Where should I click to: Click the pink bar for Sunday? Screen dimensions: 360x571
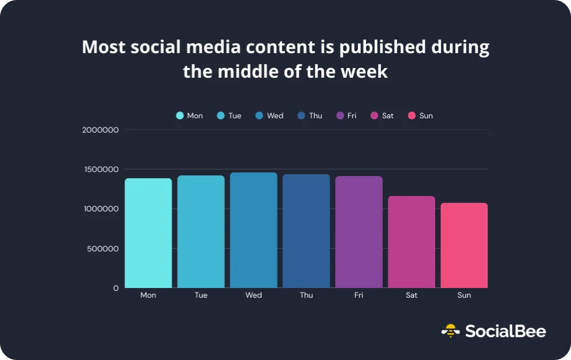(x=464, y=245)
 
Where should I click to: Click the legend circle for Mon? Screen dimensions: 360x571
(x=180, y=115)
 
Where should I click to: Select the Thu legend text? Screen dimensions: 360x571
(x=315, y=115)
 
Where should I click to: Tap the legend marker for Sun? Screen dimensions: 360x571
(x=411, y=115)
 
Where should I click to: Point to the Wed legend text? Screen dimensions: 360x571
(x=275, y=115)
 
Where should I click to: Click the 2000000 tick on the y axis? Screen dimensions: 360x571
(x=100, y=130)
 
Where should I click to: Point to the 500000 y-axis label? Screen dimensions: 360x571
(x=103, y=249)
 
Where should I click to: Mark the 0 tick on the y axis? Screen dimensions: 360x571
(x=116, y=288)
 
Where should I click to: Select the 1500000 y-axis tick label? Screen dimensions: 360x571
(x=100, y=169)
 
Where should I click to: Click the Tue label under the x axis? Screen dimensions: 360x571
(x=200, y=295)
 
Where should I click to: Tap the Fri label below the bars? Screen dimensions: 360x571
(x=359, y=295)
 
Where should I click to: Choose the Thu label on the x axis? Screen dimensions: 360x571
(x=306, y=295)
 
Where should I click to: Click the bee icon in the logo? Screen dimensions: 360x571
(x=451, y=330)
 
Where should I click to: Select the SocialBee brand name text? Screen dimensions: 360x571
(x=505, y=331)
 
